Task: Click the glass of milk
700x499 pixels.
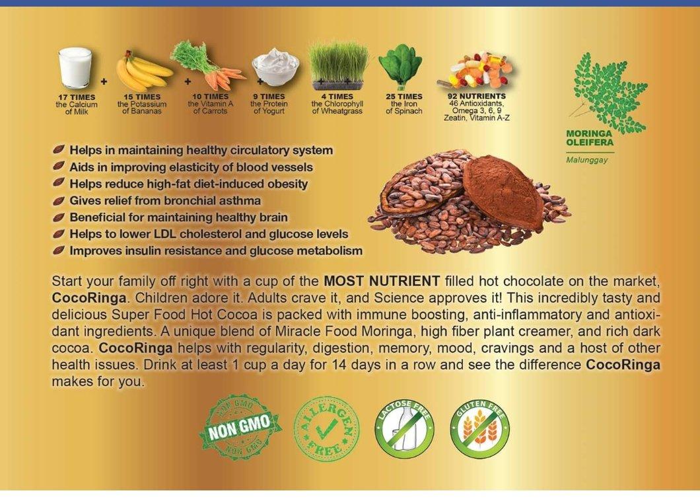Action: point(75,69)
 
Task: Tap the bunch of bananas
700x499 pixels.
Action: point(142,72)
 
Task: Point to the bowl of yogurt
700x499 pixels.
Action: point(275,67)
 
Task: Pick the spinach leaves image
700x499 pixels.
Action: point(400,67)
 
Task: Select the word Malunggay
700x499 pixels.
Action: point(587,159)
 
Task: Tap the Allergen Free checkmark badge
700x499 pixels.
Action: point(326,429)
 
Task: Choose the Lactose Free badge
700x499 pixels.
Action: point(405,429)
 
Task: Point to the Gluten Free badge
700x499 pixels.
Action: point(480,429)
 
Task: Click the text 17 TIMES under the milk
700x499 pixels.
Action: point(77,97)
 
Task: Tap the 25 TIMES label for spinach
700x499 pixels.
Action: point(404,96)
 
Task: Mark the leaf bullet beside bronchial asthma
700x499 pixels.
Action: point(59,200)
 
